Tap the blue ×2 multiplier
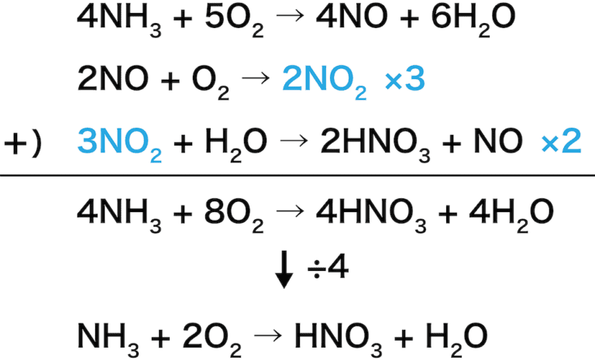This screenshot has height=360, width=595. pyautogui.click(x=560, y=142)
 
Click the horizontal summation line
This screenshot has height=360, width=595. pyautogui.click(x=297, y=175)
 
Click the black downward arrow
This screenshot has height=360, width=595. pyautogui.click(x=284, y=270)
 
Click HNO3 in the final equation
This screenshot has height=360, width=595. pyautogui.click(x=337, y=336)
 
